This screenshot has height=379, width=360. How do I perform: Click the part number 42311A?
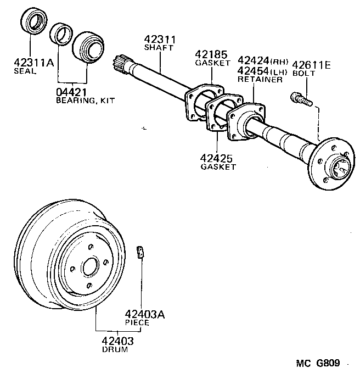point(33,63)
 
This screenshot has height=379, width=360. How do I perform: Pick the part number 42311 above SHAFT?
point(159,40)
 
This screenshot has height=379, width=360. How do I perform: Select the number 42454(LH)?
point(262,70)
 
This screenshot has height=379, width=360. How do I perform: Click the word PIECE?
point(137,323)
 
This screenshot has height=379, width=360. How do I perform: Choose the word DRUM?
point(114,349)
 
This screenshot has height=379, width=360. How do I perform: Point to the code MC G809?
point(318,364)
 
